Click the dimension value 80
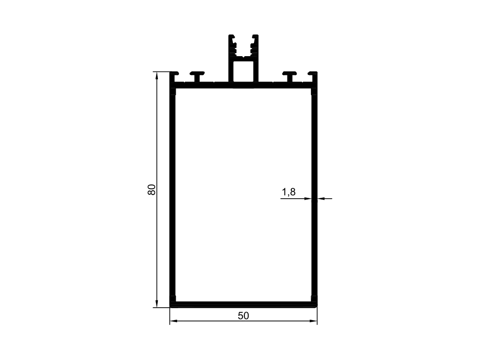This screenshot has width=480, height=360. click(x=152, y=190)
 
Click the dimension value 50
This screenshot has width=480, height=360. click(x=243, y=316)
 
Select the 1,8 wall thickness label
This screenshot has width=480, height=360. click(x=288, y=192)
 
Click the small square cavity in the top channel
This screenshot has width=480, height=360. click(x=243, y=71)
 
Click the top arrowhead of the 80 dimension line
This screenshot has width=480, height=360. click(x=157, y=75)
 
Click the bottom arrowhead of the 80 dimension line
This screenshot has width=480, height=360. click(x=157, y=304)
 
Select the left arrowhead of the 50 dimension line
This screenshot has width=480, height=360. click(x=174, y=321)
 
